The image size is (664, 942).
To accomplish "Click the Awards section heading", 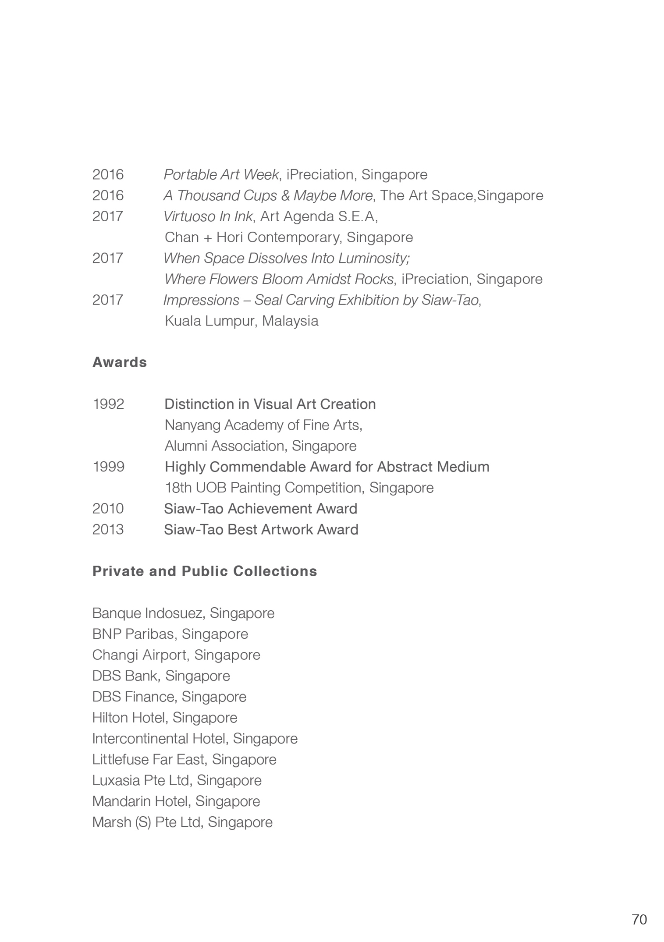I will click(x=120, y=362).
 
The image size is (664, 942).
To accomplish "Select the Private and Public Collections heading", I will click(x=205, y=571).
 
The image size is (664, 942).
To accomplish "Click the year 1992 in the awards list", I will click(x=108, y=404).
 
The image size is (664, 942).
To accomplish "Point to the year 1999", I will click(x=108, y=467).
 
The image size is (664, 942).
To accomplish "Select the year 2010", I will click(x=108, y=509).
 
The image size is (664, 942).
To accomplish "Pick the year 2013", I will click(x=108, y=530).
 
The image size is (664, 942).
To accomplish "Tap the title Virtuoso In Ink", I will click(x=208, y=216).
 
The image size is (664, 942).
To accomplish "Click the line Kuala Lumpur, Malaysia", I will click(x=241, y=321).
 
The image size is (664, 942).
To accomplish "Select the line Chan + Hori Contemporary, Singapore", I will click(x=289, y=237).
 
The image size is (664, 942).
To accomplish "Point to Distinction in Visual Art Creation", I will click(x=270, y=404).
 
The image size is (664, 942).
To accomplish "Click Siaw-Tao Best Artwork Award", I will click(x=261, y=530).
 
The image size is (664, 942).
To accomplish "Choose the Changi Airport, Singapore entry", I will click(x=176, y=655).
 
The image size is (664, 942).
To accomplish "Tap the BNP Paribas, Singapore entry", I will click(x=170, y=634).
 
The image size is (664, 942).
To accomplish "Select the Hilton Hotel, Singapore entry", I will click(x=165, y=718).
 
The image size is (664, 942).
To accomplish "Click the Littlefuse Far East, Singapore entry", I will click(x=185, y=759).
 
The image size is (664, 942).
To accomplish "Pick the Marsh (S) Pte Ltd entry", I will click(x=182, y=822).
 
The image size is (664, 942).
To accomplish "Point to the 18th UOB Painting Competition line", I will click(x=299, y=488).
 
